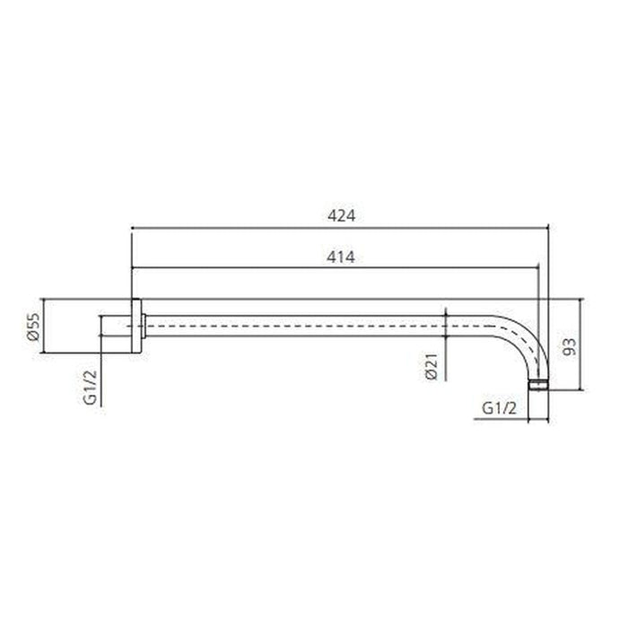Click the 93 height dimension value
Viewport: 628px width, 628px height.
567,345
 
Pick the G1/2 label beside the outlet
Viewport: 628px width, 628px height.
499,407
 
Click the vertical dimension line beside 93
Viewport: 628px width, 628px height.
584,345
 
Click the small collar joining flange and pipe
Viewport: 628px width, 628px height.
144,325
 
